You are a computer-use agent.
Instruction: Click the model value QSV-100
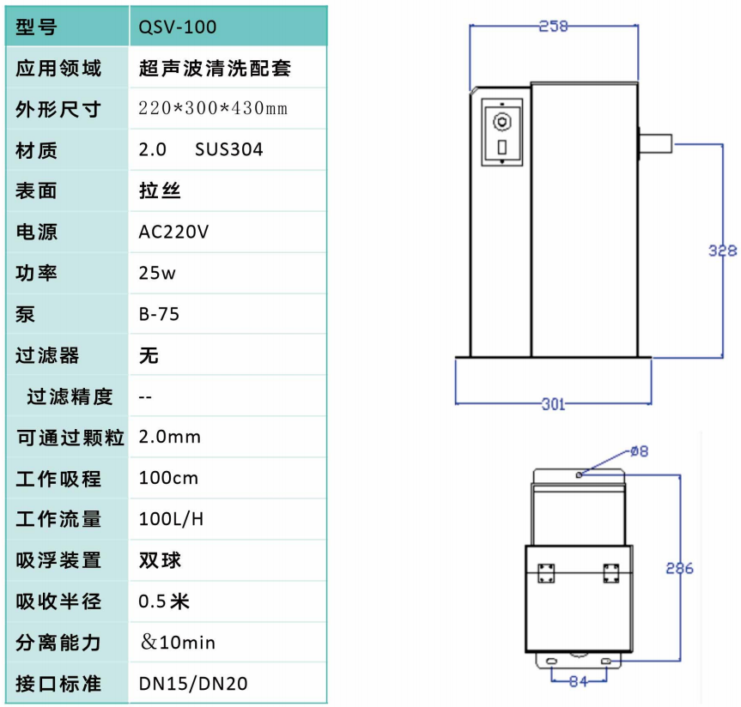point(177,27)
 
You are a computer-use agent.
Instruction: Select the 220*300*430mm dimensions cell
point(213,109)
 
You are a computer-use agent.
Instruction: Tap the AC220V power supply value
point(173,233)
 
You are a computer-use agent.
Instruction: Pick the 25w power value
point(157,274)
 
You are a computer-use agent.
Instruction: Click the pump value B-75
point(159,314)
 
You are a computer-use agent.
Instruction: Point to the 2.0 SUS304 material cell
point(201,150)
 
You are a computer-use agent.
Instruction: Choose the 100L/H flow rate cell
point(171,519)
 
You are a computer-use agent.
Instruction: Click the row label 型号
point(36,27)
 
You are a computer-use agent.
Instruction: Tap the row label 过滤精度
point(70,396)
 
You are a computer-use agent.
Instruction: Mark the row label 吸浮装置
point(58,560)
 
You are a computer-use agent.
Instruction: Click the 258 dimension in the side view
point(554,27)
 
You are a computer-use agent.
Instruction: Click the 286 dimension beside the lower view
point(678,568)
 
